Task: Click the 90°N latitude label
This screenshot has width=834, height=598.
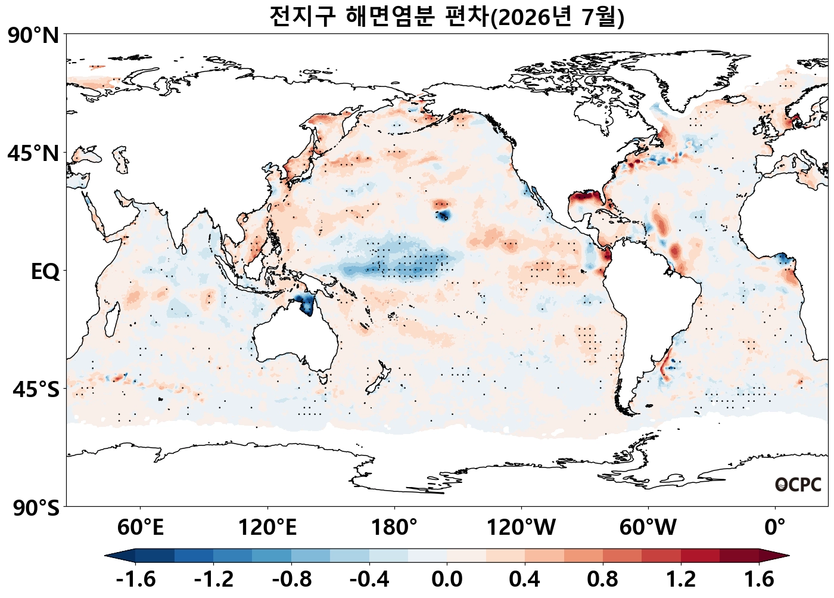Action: tap(33, 36)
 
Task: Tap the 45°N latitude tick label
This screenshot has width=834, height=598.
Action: tap(33, 153)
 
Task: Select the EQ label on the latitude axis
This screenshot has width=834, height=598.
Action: tap(45, 272)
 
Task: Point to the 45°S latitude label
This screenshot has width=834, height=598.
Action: tap(36, 389)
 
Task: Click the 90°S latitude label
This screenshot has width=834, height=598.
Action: tap(36, 507)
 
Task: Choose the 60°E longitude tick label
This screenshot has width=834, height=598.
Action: tap(141, 527)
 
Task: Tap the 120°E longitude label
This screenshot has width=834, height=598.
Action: tap(267, 527)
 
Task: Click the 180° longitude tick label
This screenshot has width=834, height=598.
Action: tap(394, 527)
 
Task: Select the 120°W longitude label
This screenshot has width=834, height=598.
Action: tap(521, 527)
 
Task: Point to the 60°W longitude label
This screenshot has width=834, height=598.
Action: tap(648, 527)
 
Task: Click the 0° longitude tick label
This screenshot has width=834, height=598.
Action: tap(775, 527)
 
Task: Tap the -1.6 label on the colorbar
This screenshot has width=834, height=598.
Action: tap(136, 580)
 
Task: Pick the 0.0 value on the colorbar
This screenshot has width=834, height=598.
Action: tap(447, 580)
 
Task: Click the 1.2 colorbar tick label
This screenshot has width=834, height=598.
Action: tap(681, 580)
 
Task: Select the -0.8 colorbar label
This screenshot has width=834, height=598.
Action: tap(291, 580)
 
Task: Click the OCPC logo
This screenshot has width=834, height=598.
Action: tap(798, 485)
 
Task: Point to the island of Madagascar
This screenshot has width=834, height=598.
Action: tap(112, 320)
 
